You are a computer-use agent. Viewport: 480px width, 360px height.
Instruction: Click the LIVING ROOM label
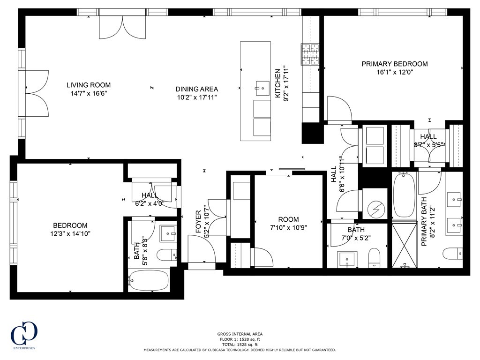tap(88, 85)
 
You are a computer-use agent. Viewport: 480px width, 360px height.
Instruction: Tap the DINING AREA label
tap(196, 89)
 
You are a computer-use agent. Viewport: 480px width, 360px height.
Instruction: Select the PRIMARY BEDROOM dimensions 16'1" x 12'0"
tap(394, 72)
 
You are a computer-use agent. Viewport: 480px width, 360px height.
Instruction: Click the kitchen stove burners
tap(309, 53)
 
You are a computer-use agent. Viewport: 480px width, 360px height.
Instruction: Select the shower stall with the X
tap(404, 245)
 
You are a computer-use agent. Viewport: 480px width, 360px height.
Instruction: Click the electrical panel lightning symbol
tap(375, 209)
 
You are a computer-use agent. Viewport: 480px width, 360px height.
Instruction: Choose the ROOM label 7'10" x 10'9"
tap(288, 219)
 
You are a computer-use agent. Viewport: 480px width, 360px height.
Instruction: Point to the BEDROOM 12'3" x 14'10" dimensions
tap(70, 233)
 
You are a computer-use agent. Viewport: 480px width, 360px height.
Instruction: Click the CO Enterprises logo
tap(24, 334)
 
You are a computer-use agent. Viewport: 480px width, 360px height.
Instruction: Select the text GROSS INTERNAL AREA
tap(240, 333)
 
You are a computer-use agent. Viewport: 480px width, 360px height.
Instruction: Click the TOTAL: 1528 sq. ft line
tap(240, 344)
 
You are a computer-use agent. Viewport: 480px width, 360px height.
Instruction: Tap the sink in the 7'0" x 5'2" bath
tap(347, 258)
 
